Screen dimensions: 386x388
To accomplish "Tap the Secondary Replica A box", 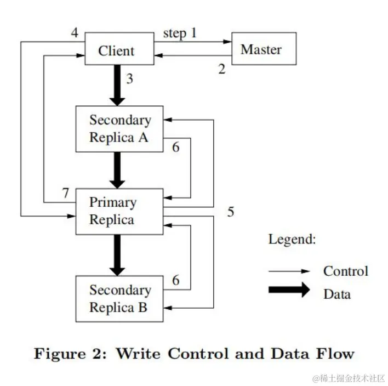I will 119,128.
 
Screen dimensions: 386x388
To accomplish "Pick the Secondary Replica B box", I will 119,298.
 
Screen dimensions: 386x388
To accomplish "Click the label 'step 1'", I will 180,33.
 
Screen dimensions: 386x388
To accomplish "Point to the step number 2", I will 221,70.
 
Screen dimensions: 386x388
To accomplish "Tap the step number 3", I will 129,78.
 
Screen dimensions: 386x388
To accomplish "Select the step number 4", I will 74,33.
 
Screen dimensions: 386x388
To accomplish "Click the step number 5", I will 231,212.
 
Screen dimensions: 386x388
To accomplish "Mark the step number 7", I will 66,193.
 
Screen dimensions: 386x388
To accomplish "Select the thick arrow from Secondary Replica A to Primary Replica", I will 117,169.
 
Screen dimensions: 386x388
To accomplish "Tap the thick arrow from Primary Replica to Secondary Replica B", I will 117,255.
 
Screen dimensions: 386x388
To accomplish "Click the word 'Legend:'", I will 292,240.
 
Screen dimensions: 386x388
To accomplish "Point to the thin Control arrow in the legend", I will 289,271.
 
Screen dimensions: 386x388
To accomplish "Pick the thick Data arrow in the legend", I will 289,291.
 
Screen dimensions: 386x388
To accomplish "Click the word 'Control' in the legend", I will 345,271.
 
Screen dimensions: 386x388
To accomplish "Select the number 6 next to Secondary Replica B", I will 175,280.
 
